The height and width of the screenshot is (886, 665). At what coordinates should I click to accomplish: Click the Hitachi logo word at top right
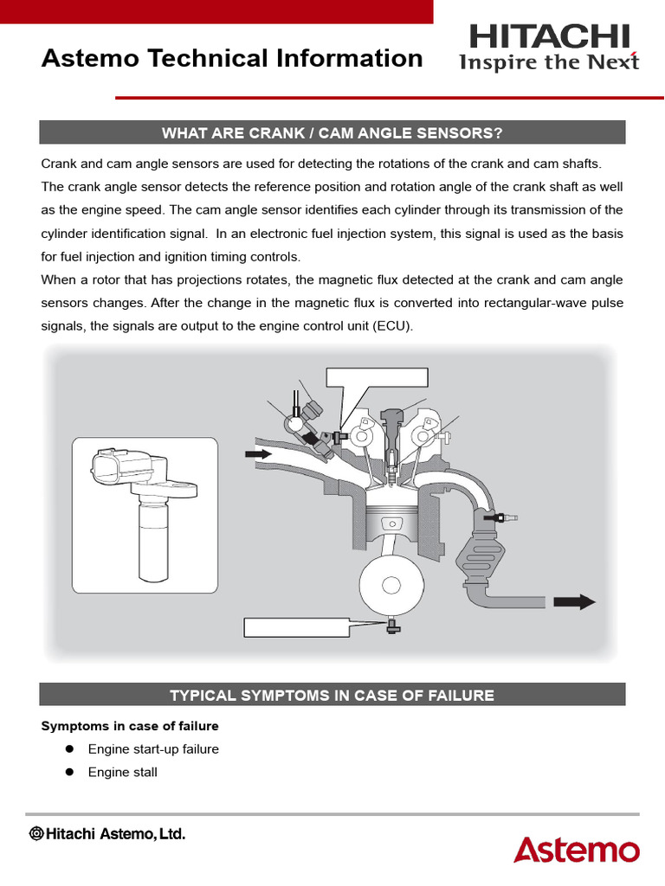[x=550, y=36]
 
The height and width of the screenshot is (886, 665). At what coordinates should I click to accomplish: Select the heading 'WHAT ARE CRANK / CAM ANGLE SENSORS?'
[x=332, y=132]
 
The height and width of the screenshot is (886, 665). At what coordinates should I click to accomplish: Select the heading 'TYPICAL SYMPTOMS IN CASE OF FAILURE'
[x=332, y=695]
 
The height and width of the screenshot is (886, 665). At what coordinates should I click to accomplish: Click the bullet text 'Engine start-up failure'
[x=153, y=749]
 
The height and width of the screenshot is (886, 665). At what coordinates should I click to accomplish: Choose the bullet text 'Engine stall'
[x=123, y=772]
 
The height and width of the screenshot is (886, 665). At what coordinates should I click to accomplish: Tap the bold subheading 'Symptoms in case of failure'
[x=130, y=726]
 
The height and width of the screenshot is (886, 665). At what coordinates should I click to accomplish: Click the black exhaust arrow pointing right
[x=575, y=601]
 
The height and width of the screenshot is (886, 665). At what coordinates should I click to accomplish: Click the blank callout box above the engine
[x=377, y=376]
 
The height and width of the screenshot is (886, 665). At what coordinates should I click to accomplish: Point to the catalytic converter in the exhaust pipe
[x=484, y=553]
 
